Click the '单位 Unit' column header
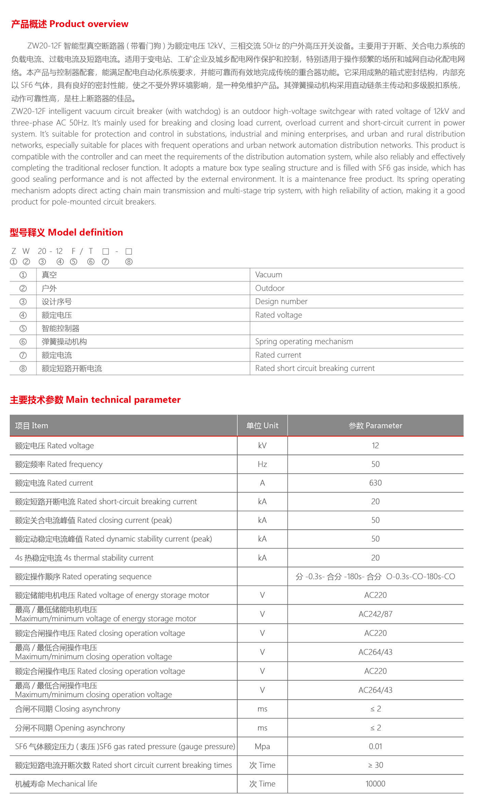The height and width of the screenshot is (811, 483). [x=262, y=425]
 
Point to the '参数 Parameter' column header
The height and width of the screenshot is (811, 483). [x=375, y=425]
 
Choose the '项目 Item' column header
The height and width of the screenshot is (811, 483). [x=32, y=425]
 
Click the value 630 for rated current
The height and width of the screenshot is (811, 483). [x=375, y=483]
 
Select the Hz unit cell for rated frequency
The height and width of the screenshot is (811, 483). [x=262, y=464]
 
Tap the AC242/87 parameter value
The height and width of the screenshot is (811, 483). [x=375, y=614]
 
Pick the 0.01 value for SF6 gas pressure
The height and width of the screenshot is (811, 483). [x=375, y=746]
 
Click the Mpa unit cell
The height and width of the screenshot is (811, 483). [x=262, y=746]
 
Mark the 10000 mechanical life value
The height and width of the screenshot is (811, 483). [x=375, y=784]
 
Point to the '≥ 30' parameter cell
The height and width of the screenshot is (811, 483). [x=375, y=765]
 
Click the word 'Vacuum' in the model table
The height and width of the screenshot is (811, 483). [x=269, y=275]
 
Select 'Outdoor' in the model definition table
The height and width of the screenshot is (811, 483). [x=270, y=288]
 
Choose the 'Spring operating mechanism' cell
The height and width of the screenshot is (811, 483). [x=304, y=341]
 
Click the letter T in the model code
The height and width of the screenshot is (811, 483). [x=91, y=251]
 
